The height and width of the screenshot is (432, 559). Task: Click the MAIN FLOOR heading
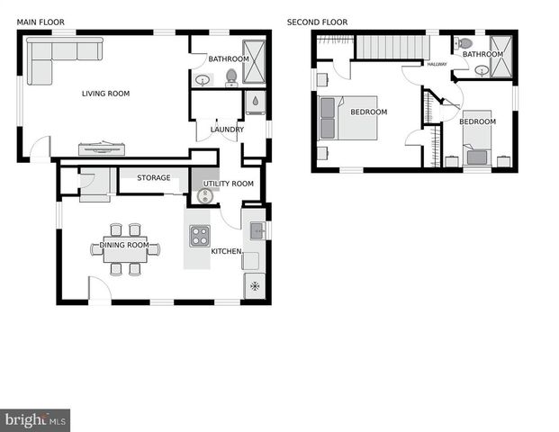(40, 22)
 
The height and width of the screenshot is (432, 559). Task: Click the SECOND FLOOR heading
(317, 22)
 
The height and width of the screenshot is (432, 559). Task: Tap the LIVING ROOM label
(106, 93)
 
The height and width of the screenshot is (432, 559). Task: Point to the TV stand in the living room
(106, 148)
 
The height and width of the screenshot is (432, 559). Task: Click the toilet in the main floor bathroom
(231, 77)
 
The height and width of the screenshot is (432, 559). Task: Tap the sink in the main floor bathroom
(203, 80)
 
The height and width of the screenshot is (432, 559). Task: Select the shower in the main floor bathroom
(256, 58)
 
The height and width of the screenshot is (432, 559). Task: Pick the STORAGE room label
(154, 178)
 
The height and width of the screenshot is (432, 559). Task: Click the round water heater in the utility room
(204, 195)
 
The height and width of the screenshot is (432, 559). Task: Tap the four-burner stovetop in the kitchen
(198, 237)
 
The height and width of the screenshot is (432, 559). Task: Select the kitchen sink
(256, 230)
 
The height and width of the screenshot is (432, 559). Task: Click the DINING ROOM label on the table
(124, 245)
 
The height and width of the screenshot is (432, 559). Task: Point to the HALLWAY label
(437, 64)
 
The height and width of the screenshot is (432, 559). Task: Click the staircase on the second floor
(390, 46)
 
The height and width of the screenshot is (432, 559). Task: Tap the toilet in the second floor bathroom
(464, 42)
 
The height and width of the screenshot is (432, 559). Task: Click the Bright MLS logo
(35, 419)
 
